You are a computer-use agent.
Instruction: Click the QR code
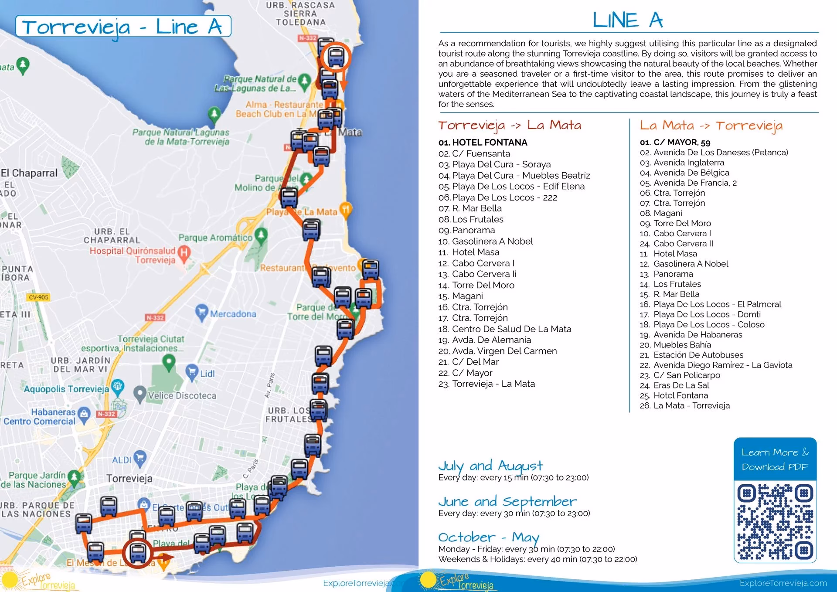pos(775,521)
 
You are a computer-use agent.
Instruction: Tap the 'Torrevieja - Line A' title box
pos(123,27)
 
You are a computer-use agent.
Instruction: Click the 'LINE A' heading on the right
pos(627,20)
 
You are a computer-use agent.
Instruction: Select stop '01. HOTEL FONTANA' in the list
pos(483,143)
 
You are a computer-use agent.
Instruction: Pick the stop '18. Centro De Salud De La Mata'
pos(505,329)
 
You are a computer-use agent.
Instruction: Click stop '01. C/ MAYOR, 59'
pos(675,143)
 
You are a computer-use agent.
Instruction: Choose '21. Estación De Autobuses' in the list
pos(692,355)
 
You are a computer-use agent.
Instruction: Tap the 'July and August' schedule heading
pos(490,466)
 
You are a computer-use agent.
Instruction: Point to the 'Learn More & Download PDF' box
pos(775,459)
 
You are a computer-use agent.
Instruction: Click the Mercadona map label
pos(233,314)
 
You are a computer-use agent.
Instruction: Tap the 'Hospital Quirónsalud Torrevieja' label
pos(133,255)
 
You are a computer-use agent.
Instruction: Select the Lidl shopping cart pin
pos(192,372)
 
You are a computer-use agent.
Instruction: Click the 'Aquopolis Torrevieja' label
pos(66,389)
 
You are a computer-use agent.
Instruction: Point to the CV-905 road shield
pos(38,297)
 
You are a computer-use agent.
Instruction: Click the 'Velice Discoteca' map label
pos(182,395)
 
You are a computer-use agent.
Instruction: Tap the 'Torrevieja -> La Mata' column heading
pos(510,126)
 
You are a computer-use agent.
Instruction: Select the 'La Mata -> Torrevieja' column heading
pos(711,126)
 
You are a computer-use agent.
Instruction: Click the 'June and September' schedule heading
pos(507,501)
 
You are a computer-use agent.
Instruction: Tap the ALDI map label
pos(122,460)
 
